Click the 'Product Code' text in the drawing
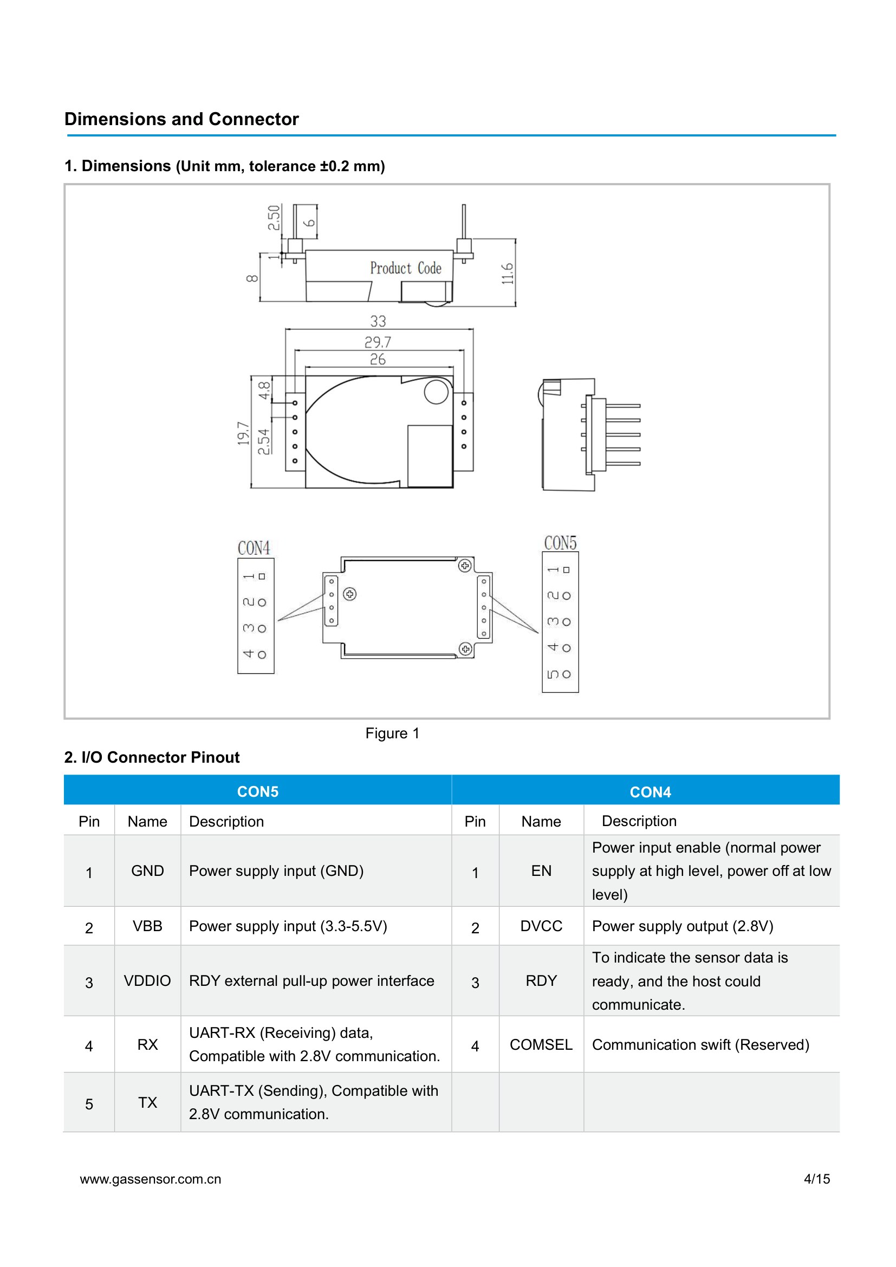[x=406, y=268]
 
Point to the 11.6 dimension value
[x=507, y=274]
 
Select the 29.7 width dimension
[x=378, y=342]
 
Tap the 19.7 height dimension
[x=243, y=433]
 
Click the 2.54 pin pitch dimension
[x=264, y=441]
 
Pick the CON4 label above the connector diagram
[x=254, y=548]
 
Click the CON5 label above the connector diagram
[x=560, y=543]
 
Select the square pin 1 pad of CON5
[x=566, y=570]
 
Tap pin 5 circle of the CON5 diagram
[x=566, y=674]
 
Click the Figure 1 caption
[x=392, y=733]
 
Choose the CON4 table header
[x=651, y=792]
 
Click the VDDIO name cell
[x=147, y=980]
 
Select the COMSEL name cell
[x=541, y=1044]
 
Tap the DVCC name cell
[x=541, y=926]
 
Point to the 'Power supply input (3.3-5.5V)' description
[x=288, y=926]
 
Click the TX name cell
[x=147, y=1102]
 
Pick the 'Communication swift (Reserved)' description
[x=700, y=1044]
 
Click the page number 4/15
[x=816, y=1179]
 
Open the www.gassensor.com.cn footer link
[x=151, y=1180]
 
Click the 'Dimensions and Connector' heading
[x=181, y=119]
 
